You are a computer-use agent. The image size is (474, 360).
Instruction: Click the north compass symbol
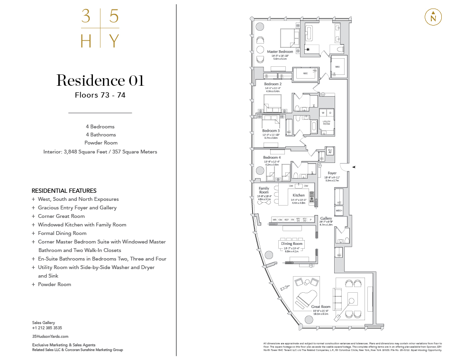coord(433,17)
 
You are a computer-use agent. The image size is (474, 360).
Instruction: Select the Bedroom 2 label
coord(273,84)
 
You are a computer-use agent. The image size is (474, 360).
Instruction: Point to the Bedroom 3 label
coord(270,130)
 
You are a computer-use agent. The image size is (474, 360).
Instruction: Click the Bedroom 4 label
coord(272,157)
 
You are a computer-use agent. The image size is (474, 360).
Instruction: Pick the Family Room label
coord(264,190)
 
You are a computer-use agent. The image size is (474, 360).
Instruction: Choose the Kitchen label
coord(299,195)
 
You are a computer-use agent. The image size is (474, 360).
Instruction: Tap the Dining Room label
coord(291,244)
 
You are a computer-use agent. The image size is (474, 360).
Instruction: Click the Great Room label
coord(320,307)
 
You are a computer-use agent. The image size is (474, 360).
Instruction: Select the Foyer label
coord(332,173)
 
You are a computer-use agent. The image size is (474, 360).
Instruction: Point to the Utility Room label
coord(326,122)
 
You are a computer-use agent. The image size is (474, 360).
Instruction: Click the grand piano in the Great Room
coord(305,300)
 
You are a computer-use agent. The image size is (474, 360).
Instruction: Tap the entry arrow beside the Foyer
coord(353,167)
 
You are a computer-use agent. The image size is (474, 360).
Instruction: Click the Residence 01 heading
coord(100,81)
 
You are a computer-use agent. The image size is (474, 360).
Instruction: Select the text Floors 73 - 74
coord(100,95)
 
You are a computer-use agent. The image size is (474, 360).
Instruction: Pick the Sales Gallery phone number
coord(47,328)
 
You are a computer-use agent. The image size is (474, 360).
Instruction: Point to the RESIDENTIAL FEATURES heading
coord(64,190)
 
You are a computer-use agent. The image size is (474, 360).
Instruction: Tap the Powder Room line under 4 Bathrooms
coord(100,143)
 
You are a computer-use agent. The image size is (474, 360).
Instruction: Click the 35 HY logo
coord(100,29)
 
